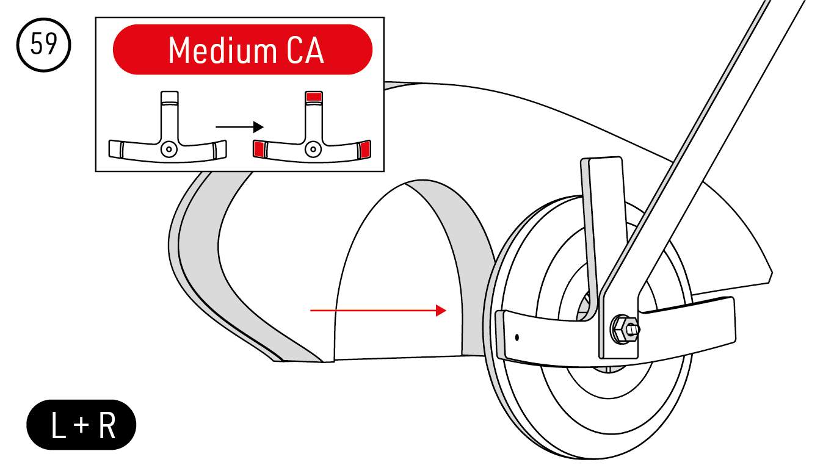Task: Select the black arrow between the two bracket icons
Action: coord(239,127)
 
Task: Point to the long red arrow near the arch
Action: coord(379,311)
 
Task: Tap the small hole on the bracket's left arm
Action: coord(517,336)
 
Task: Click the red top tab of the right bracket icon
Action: coord(314,96)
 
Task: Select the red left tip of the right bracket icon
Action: coord(259,148)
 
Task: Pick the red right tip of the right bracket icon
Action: coord(365,148)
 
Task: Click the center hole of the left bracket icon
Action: coord(169,148)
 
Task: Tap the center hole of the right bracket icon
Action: coord(313,148)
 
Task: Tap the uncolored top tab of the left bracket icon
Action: coord(169,97)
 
